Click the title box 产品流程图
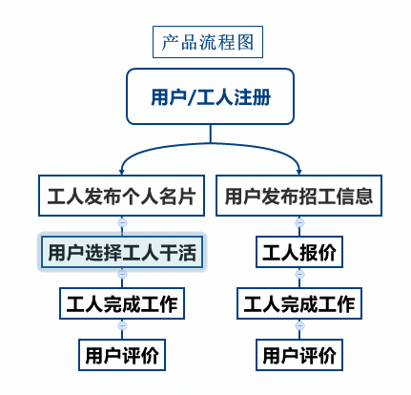click(208, 42)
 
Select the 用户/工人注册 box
click(210, 96)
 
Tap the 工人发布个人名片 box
click(121, 196)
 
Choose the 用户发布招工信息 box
click(298, 196)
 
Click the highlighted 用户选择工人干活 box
click(122, 252)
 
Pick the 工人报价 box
click(299, 252)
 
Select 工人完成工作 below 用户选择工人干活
click(122, 303)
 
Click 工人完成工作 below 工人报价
click(299, 303)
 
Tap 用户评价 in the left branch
click(122, 355)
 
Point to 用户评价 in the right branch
click(299, 355)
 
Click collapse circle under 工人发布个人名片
click(122, 222)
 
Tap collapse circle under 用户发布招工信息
click(299, 222)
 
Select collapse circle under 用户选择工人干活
click(122, 274)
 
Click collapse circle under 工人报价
click(299, 274)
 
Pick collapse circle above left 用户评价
click(122, 325)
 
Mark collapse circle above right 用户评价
click(299, 325)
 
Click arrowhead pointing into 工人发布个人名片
click(121, 172)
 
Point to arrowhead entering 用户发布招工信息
click(298, 172)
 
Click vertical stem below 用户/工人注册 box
click(211, 134)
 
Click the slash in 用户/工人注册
click(191, 97)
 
